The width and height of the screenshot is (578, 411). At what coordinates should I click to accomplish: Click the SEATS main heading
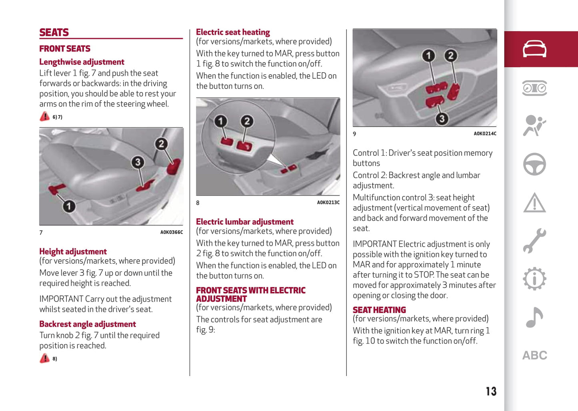click(54, 32)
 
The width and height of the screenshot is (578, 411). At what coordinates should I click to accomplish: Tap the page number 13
click(491, 391)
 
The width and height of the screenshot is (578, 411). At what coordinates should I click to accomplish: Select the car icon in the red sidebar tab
click(534, 49)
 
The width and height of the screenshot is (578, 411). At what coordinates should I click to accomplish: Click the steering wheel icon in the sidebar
click(534, 164)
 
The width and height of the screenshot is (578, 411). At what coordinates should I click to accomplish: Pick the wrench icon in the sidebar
click(534, 240)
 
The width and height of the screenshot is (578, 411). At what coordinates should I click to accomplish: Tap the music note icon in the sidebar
click(534, 317)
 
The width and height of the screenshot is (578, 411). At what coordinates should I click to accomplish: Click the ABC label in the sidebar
click(534, 355)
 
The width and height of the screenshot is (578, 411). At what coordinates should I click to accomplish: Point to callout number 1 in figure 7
click(69, 206)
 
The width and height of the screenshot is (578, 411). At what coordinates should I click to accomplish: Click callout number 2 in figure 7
click(161, 144)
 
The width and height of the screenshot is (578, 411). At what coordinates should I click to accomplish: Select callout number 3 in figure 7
click(138, 162)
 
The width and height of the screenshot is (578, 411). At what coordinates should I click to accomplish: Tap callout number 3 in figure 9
click(442, 119)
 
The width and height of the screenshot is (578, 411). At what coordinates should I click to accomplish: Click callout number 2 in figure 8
click(247, 121)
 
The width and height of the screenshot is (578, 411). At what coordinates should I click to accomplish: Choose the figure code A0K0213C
click(328, 203)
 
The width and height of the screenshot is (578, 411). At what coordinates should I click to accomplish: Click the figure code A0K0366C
click(171, 232)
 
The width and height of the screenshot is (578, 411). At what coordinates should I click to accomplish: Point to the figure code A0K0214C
click(485, 134)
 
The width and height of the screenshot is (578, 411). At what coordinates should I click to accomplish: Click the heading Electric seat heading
click(233, 32)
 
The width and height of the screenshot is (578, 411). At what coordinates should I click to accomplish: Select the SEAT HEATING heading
click(379, 310)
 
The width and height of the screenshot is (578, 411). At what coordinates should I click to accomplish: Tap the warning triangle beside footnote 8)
click(44, 358)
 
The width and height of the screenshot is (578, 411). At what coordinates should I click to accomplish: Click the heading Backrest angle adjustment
click(88, 324)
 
